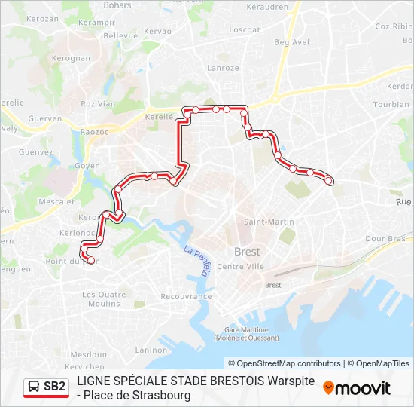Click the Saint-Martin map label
click(269, 222)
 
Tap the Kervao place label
click(159, 31)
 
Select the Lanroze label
click(224, 68)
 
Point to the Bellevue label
click(120, 35)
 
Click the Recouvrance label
click(184, 297)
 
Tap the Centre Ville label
click(240, 267)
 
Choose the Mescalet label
click(56, 202)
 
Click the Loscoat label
click(245, 30)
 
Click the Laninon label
click(151, 350)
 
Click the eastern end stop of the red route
click(329, 180)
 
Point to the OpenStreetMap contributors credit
click(285, 363)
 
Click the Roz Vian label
click(98, 104)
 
